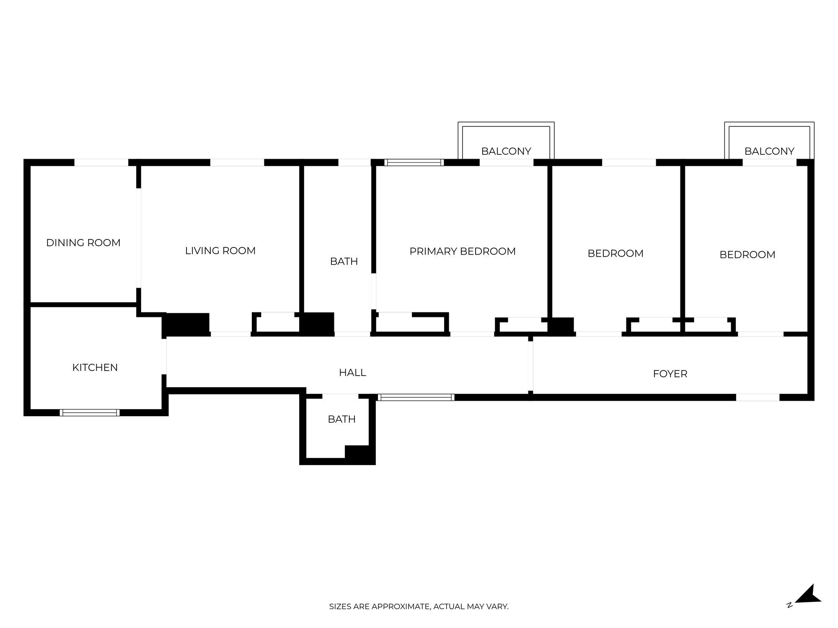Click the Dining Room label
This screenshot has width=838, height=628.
(x=83, y=243)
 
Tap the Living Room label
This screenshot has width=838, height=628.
(x=220, y=251)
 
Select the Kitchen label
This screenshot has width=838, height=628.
(x=95, y=368)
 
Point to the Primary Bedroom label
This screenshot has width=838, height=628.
(x=463, y=252)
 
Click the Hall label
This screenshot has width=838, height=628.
(x=352, y=373)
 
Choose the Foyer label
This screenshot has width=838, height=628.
(x=670, y=374)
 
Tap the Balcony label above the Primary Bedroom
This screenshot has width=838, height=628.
(x=506, y=151)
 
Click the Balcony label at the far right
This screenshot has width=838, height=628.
(x=769, y=151)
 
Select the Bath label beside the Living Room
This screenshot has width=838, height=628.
(x=344, y=262)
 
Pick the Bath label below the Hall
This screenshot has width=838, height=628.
(x=342, y=419)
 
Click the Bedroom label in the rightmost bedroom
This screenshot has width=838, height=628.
(x=747, y=255)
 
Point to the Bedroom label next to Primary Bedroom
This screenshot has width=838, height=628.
(x=616, y=253)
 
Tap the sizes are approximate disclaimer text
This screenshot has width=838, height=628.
(x=419, y=606)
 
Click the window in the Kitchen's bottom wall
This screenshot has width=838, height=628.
(x=90, y=412)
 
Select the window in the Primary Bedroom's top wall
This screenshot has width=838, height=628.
(x=414, y=162)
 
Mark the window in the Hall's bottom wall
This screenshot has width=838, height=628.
(x=416, y=397)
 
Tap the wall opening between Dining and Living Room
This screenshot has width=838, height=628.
(x=139, y=239)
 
